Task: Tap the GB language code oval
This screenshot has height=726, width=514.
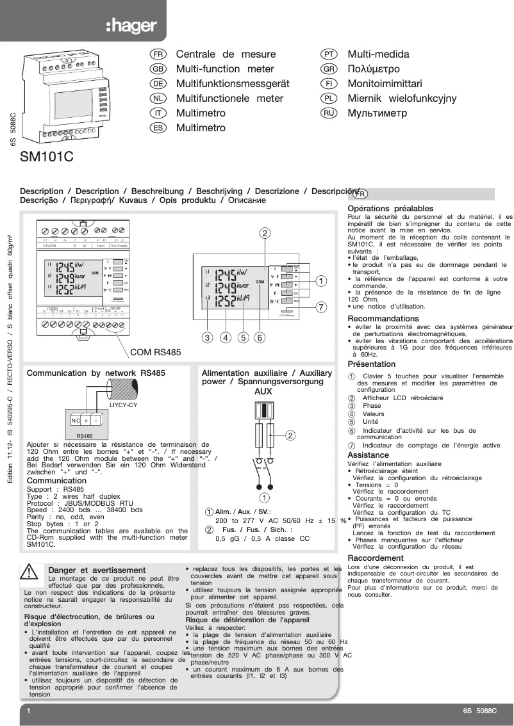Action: [x=158, y=69]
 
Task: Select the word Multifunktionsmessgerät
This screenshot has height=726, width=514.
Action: [x=233, y=84]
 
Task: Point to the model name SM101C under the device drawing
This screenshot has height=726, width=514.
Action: [x=47, y=157]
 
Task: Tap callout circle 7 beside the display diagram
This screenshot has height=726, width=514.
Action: [x=320, y=306]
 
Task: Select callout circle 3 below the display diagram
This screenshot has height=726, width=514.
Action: [x=207, y=337]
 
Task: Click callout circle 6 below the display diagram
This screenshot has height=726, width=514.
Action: [x=260, y=337]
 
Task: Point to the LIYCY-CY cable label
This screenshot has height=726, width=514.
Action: [x=123, y=405]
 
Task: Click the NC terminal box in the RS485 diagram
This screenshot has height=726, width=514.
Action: [x=75, y=421]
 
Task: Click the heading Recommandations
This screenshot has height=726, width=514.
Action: [x=383, y=318]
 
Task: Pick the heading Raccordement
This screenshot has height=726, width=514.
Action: [x=375, y=558]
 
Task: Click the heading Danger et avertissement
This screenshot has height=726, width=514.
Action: [x=97, y=570]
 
